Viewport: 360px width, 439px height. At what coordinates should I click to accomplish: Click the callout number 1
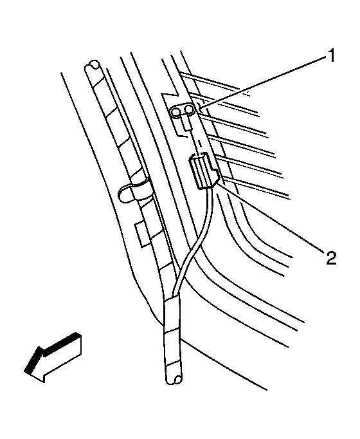tap(331, 56)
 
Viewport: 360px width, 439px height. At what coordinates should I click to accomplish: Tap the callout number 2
tap(330, 257)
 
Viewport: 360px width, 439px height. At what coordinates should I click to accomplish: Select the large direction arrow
tap(53, 357)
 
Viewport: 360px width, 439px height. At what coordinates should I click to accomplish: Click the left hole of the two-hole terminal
tap(176, 113)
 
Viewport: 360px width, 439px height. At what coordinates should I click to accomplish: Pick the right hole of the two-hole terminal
tap(188, 111)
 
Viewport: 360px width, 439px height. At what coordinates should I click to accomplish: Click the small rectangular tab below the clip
tap(143, 234)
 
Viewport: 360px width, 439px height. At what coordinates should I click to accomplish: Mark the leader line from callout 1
tap(263, 82)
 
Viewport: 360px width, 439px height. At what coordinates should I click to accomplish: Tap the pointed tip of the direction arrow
tap(25, 371)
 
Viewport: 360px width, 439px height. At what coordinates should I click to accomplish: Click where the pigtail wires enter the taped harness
tap(175, 295)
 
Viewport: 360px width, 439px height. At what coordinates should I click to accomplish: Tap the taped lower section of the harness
tap(173, 339)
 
